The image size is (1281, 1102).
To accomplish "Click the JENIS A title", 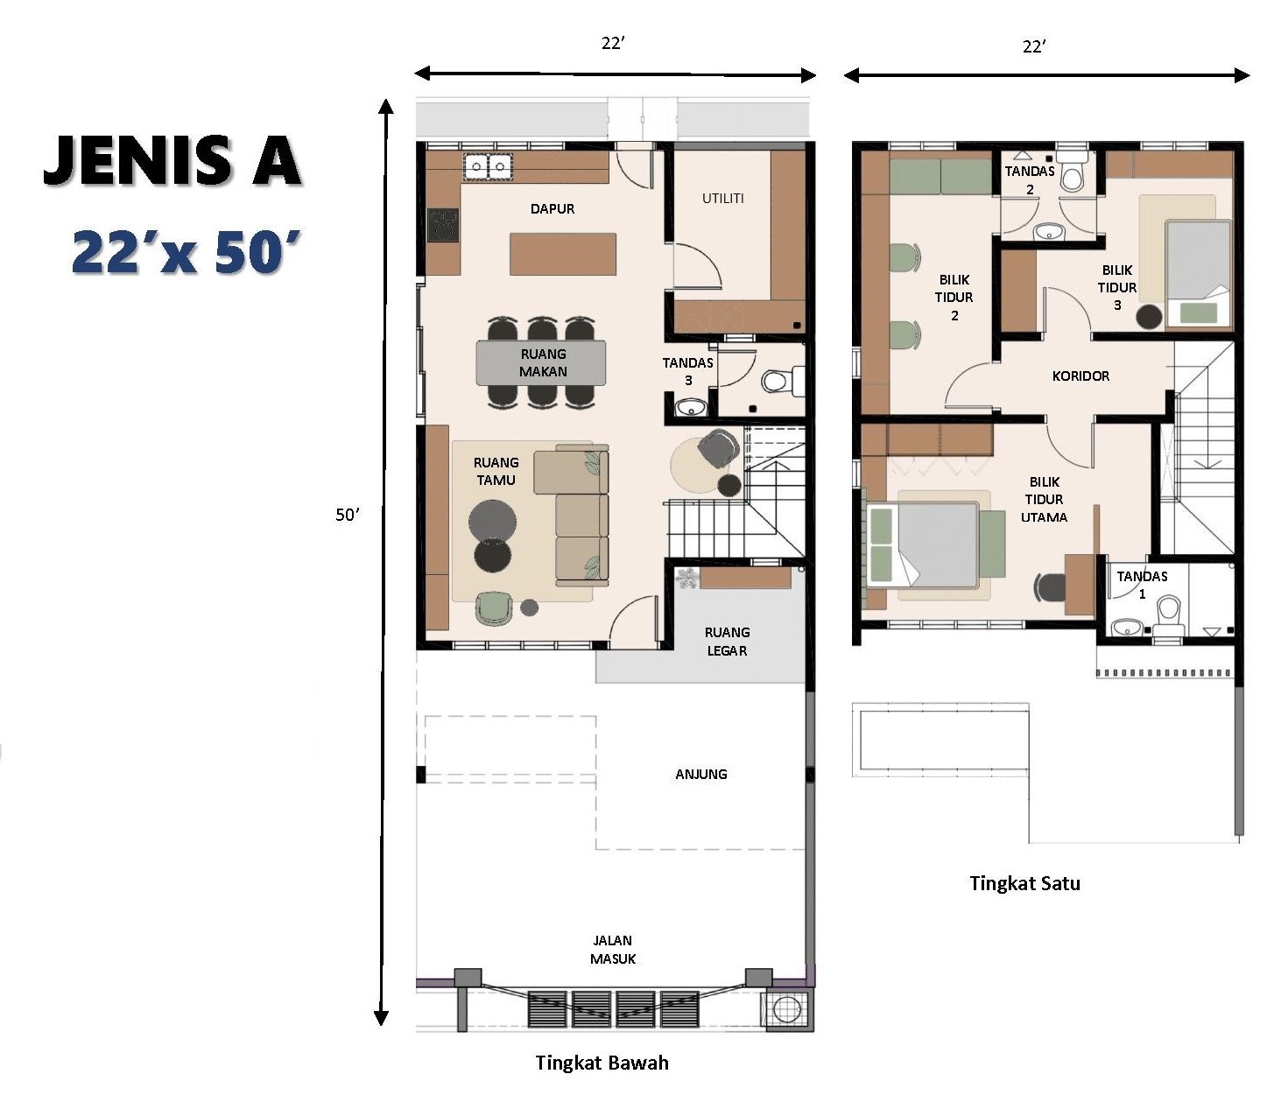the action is [x=172, y=161].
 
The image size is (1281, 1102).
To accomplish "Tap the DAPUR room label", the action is [x=553, y=208].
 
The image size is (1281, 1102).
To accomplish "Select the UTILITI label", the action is [x=722, y=198].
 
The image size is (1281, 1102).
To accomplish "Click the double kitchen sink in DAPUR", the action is [x=488, y=166].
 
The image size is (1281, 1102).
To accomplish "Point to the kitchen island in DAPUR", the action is [x=563, y=253].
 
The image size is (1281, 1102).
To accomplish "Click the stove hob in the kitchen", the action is [x=443, y=224].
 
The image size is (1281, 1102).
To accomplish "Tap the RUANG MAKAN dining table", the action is [x=541, y=362].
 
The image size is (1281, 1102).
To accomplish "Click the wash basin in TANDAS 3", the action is [x=690, y=408].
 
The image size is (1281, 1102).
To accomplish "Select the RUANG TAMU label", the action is [x=496, y=471].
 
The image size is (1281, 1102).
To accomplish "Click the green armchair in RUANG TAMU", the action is [x=494, y=608].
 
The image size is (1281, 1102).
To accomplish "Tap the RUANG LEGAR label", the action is [x=727, y=641].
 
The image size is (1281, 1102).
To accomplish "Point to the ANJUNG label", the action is [x=701, y=774].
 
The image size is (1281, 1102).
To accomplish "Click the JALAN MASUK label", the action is [x=613, y=949].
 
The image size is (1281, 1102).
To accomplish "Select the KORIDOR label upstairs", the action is [x=1080, y=376].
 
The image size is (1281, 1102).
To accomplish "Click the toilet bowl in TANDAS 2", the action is [x=1071, y=172].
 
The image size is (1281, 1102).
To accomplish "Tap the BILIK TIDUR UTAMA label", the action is [x=1045, y=499].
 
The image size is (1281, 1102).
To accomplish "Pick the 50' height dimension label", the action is [x=347, y=515].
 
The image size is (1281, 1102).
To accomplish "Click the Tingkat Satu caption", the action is [x=1024, y=882].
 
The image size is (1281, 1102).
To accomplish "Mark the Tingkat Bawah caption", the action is [x=602, y=1063].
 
